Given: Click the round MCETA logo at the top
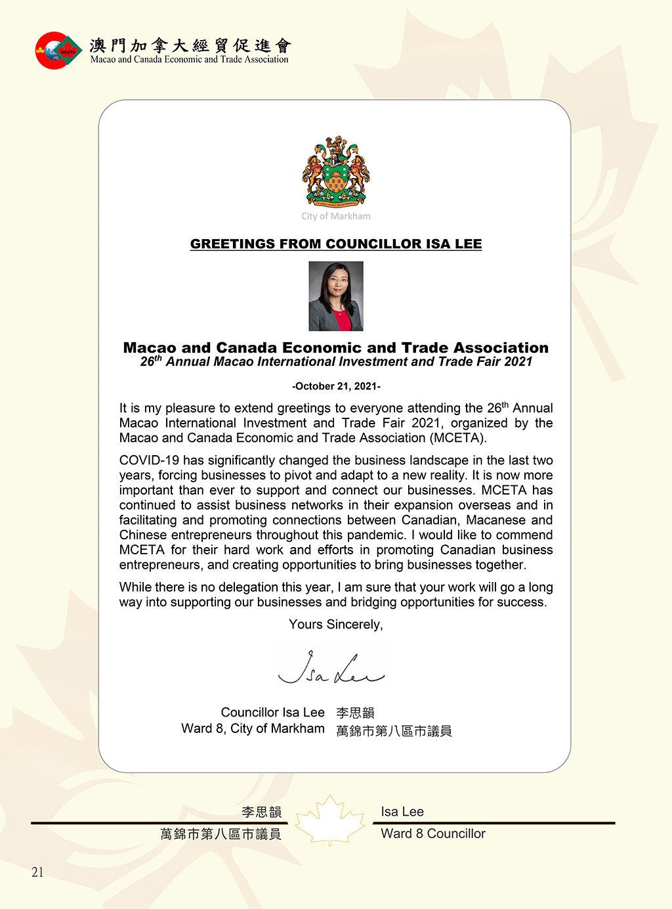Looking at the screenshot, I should pyautogui.click(x=58, y=51).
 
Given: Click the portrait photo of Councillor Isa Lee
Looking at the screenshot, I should pyautogui.click(x=336, y=296).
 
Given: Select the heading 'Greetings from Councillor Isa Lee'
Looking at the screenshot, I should pyautogui.click(x=336, y=244).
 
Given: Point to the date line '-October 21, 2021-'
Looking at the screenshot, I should pyautogui.click(x=336, y=386).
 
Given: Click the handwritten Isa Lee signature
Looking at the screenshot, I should pyautogui.click(x=332, y=668).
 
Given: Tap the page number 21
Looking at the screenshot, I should pyautogui.click(x=37, y=872).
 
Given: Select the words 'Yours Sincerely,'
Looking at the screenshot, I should pyautogui.click(x=336, y=625).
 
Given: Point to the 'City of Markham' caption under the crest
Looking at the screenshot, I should pyautogui.click(x=336, y=216).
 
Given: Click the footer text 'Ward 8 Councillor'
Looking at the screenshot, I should pyautogui.click(x=433, y=833).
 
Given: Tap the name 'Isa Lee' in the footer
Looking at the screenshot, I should pyautogui.click(x=402, y=812).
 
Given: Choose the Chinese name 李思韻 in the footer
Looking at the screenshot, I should pyautogui.click(x=261, y=812).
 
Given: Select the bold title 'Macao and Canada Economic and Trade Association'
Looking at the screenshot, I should pyautogui.click(x=336, y=347).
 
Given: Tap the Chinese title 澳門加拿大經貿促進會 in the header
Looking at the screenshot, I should pyautogui.click(x=190, y=45).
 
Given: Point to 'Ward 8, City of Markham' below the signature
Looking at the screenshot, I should pyautogui.click(x=253, y=728).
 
